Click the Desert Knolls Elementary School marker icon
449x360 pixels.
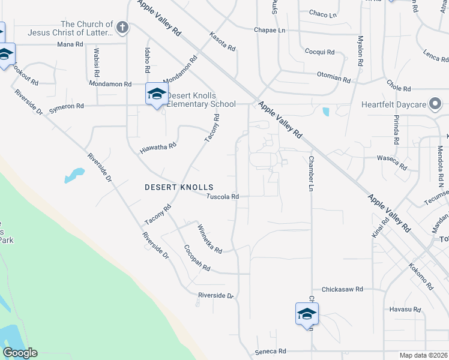click(157, 94)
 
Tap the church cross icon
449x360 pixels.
click(122, 27)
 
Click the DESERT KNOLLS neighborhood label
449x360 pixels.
click(179, 187)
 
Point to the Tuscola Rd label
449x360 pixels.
click(223, 196)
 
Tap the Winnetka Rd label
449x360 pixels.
click(210, 238)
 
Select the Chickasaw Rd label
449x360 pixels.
click(342, 289)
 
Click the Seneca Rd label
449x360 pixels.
click(271, 351)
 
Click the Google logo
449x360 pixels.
click(20, 353)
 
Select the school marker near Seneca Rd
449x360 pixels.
click(307, 314)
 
